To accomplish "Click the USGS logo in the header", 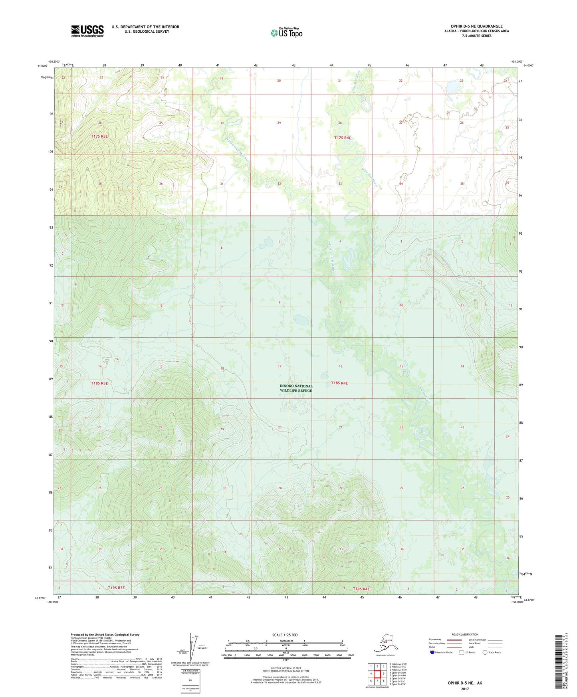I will [x=87, y=31].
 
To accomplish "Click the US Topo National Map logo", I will [x=286, y=32].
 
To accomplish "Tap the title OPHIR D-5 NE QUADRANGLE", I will [x=476, y=26].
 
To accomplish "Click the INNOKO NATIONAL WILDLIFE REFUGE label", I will [x=296, y=388].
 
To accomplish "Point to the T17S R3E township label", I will [x=99, y=136].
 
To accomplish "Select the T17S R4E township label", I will [x=343, y=138].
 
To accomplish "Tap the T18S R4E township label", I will [x=339, y=383].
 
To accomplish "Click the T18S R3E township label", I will [x=99, y=383].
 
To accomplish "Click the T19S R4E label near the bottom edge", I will [x=361, y=589].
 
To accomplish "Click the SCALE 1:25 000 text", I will [x=285, y=635].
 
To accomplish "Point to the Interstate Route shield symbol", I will [x=432, y=652].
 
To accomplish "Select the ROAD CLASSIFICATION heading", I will [x=465, y=634].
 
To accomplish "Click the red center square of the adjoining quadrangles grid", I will [x=377, y=673].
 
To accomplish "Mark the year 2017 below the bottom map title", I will [x=465, y=689].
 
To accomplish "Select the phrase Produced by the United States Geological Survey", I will [x=105, y=634].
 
